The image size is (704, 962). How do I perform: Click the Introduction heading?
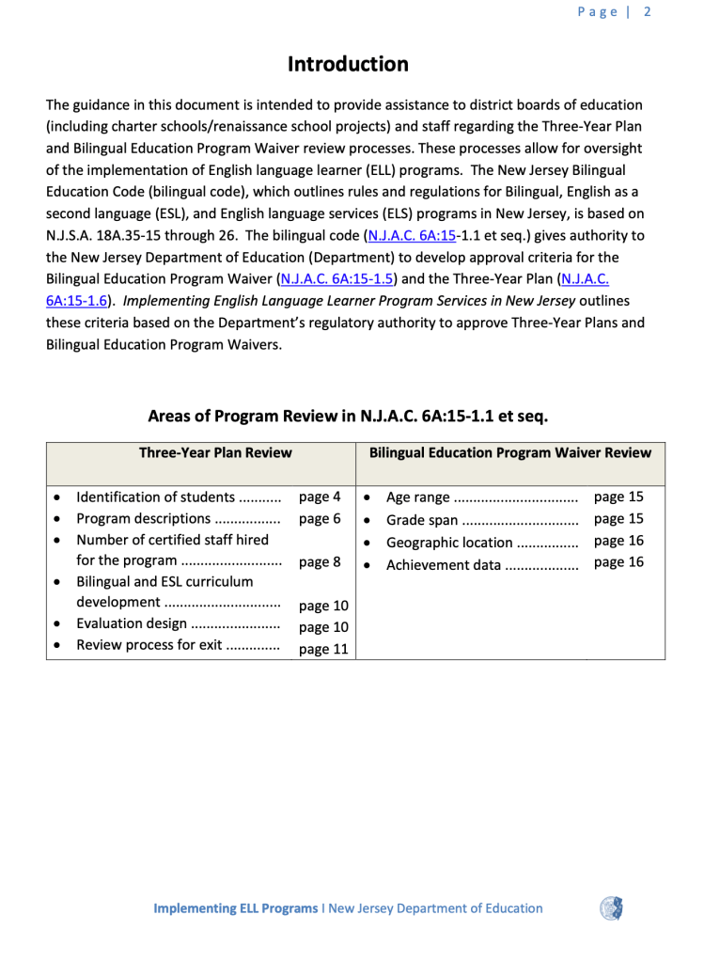pyautogui.click(x=348, y=64)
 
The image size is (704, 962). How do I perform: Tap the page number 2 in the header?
pyautogui.click(x=648, y=12)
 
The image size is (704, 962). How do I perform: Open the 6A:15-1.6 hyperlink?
pyautogui.click(x=75, y=301)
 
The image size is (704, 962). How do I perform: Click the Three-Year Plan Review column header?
pyautogui.click(x=215, y=452)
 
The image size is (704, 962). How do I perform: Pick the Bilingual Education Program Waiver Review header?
pyautogui.click(x=509, y=452)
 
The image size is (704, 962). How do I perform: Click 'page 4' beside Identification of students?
pyautogui.click(x=320, y=497)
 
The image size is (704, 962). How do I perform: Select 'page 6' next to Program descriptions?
pyautogui.click(x=320, y=518)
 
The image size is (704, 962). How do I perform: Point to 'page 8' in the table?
pyautogui.click(x=320, y=562)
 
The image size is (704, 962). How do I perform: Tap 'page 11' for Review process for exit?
pyautogui.click(x=323, y=649)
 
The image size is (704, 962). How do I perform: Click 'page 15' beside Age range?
pyautogui.click(x=618, y=497)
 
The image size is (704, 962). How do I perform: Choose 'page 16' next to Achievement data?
pyautogui.click(x=618, y=562)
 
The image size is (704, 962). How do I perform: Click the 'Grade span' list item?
pyautogui.click(x=422, y=520)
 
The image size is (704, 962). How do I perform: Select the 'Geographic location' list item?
pyautogui.click(x=449, y=543)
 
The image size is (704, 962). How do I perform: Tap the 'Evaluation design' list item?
pyautogui.click(x=132, y=623)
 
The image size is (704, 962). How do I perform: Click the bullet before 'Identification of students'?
pyautogui.click(x=59, y=497)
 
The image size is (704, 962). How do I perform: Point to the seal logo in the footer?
pyautogui.click(x=612, y=908)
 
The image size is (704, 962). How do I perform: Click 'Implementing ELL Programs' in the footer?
pyautogui.click(x=235, y=908)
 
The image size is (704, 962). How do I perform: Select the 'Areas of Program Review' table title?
pyautogui.click(x=348, y=416)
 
